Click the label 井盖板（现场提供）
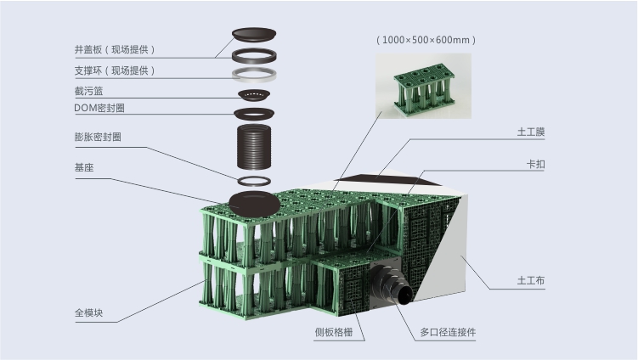coord(115,48)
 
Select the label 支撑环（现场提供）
coord(115,70)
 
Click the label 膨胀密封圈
coord(97,137)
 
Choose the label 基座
coord(83,168)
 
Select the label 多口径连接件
coord(448,332)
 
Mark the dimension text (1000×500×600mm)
coord(425,40)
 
